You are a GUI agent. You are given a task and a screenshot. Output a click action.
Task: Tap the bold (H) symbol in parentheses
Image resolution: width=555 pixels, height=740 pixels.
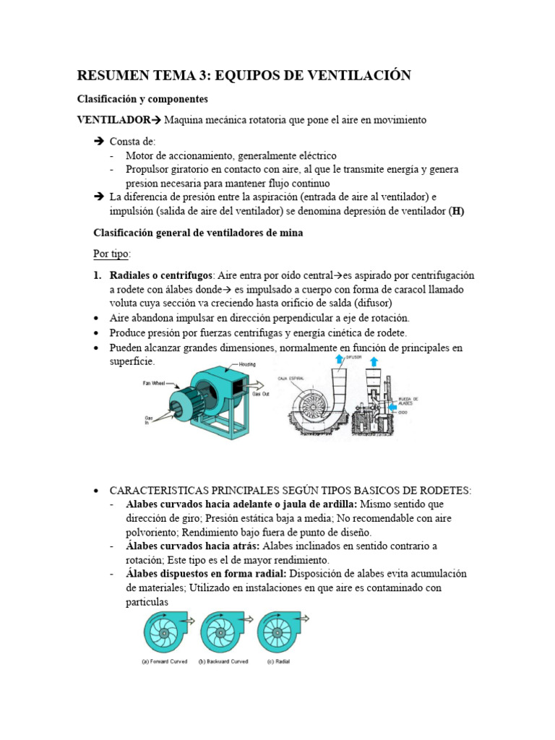point(456,211)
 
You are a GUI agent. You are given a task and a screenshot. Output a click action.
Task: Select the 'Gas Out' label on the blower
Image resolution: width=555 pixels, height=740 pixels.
point(259,395)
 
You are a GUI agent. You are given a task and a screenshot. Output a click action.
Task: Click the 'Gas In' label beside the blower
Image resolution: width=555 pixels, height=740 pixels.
point(149,421)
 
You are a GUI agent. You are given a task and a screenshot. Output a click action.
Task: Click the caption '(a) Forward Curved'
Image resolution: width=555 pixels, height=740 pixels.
point(168,661)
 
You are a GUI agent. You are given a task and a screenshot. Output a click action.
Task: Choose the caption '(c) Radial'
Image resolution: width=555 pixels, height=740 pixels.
point(278,661)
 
